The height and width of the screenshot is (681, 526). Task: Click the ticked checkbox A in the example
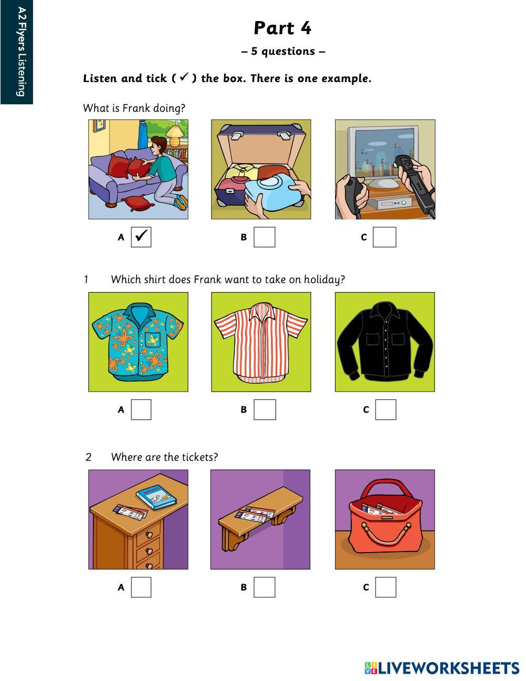(141, 237)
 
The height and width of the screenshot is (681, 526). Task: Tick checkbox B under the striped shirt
(265, 409)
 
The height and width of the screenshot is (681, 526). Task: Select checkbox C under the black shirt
(386, 409)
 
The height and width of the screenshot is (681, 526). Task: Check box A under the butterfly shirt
(141, 409)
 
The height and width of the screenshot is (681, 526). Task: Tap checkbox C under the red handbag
(386, 587)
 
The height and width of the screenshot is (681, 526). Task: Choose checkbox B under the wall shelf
(265, 587)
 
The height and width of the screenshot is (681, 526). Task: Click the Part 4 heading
(282, 28)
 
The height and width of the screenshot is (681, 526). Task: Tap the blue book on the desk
(156, 497)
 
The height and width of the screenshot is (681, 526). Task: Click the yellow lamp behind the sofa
(174, 135)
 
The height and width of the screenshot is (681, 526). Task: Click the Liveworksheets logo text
(442, 668)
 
